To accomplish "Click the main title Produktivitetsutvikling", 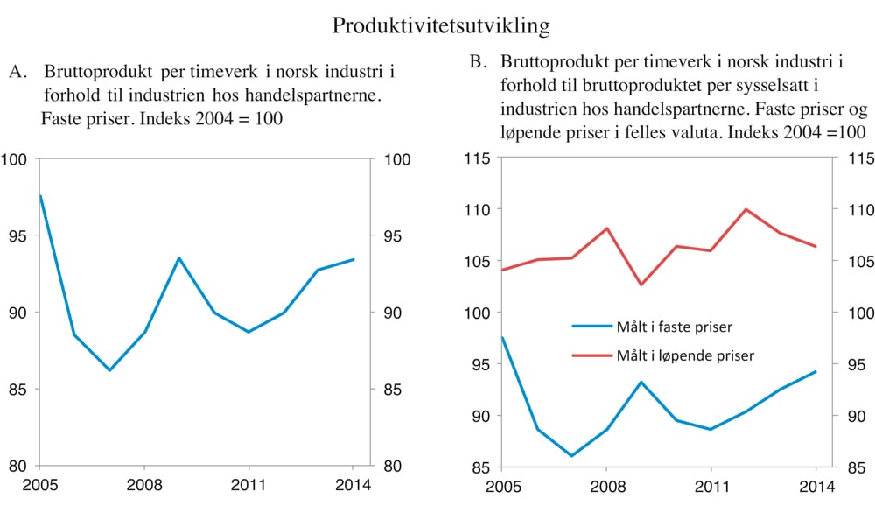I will (x=441, y=26).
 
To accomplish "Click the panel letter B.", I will (x=477, y=62).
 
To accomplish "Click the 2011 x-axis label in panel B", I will (x=710, y=487).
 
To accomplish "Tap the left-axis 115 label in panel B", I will (x=476, y=158).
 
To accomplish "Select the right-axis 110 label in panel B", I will (x=857, y=210).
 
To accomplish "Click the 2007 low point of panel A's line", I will (x=110, y=370).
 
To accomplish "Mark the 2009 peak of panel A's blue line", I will (x=179, y=258).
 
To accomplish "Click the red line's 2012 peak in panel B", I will (x=745, y=209).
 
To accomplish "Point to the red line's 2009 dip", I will (x=640, y=285).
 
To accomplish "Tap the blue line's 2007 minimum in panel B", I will (x=570, y=456).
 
